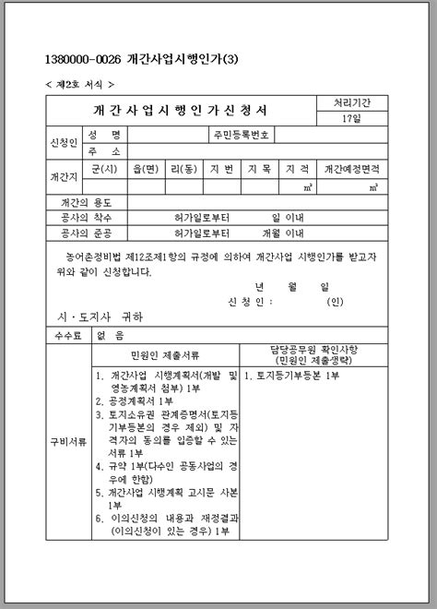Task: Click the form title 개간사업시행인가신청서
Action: click(x=180, y=111)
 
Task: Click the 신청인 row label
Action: click(x=64, y=143)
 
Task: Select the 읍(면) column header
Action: click(x=147, y=169)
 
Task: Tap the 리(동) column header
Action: click(x=184, y=169)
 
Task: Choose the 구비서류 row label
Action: click(x=67, y=442)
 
